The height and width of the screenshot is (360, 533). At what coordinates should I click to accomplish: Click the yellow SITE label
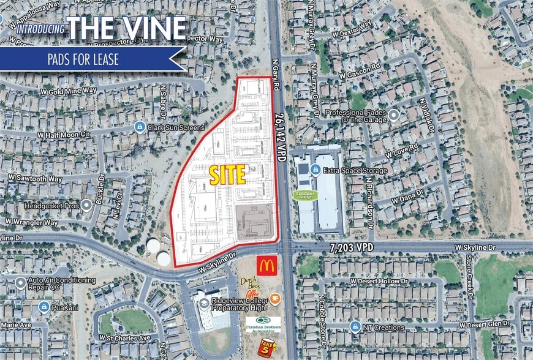coord(227,175)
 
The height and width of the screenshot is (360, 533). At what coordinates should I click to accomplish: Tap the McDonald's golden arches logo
coord(268,265)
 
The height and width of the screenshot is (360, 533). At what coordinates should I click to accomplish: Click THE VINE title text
coord(126,28)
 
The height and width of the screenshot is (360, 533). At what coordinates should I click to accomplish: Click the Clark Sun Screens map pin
coord(139,127)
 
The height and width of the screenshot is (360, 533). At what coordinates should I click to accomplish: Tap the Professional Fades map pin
coord(393,114)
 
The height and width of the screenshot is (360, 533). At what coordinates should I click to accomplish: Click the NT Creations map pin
coord(355,326)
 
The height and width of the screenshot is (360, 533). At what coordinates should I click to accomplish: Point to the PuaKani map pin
coord(44,306)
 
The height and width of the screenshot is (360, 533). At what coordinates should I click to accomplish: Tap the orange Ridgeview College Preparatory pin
coord(275,299)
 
